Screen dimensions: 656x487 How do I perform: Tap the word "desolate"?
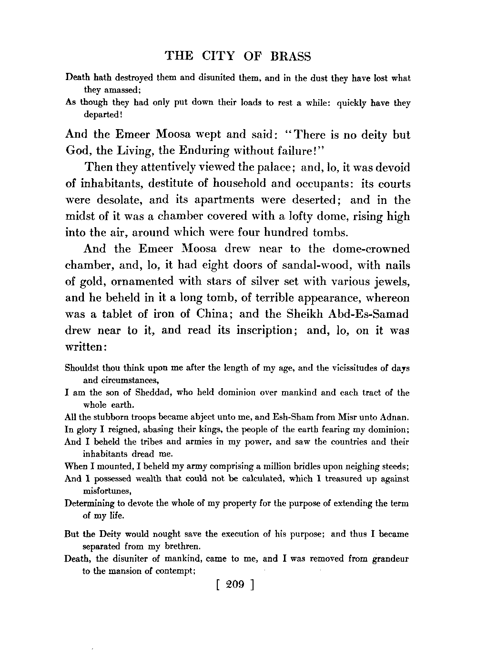pos(118,200)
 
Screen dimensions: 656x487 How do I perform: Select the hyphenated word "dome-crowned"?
pos(371,249)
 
